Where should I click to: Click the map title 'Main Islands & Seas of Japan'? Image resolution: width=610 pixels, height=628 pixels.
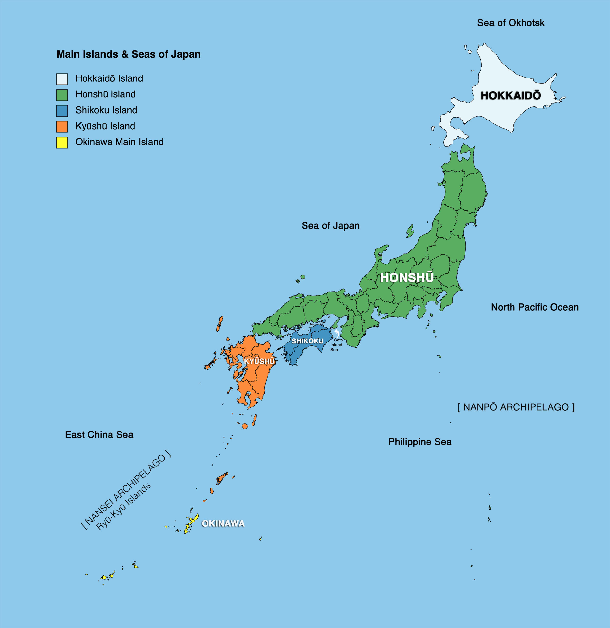coord(128,54)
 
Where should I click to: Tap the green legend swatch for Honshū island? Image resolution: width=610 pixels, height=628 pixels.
coord(62,95)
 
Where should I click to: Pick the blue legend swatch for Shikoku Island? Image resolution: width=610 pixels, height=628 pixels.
coord(62,111)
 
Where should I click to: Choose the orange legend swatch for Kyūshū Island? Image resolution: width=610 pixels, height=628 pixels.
coord(62,127)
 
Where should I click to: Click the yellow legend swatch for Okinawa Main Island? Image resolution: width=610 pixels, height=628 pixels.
coord(62,143)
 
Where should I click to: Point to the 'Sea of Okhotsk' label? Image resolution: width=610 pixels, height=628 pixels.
coord(511,23)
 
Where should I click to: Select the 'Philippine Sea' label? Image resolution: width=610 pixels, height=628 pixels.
coord(420,442)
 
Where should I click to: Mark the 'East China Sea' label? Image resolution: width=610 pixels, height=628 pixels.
coord(99,435)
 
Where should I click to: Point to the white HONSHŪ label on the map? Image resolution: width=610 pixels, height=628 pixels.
coord(407,277)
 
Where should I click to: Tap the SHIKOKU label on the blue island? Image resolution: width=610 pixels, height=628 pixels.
coord(307,341)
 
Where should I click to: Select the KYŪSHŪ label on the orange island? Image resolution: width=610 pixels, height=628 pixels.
coord(259,361)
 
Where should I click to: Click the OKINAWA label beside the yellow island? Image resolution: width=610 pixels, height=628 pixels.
coord(223,523)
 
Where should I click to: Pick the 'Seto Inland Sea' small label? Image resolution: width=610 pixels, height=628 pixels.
coord(336,345)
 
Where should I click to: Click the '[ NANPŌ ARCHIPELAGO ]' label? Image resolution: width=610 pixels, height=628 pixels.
coord(516,407)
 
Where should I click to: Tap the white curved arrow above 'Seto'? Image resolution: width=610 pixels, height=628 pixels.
coord(336,333)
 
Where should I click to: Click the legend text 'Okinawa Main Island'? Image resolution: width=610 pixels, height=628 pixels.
coord(120,142)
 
